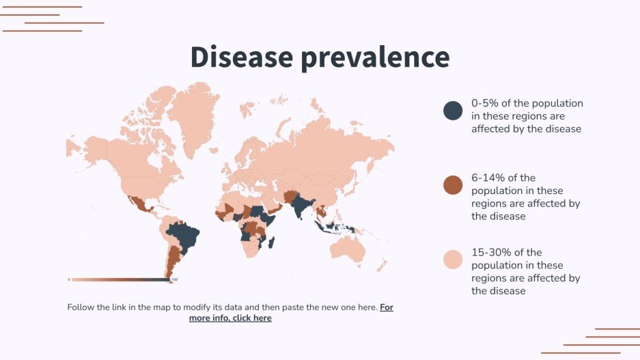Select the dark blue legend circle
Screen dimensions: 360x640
pyautogui.click(x=453, y=110)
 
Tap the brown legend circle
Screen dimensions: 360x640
pyautogui.click(x=453, y=185)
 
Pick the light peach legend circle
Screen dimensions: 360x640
pyautogui.click(x=453, y=260)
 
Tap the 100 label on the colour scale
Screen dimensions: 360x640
pyautogui.click(x=174, y=279)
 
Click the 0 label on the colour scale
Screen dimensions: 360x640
pyautogui.click(x=68, y=279)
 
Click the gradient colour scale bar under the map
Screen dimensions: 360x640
pyautogui.click(x=120, y=279)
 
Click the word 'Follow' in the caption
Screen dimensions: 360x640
pyautogui.click(x=81, y=307)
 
